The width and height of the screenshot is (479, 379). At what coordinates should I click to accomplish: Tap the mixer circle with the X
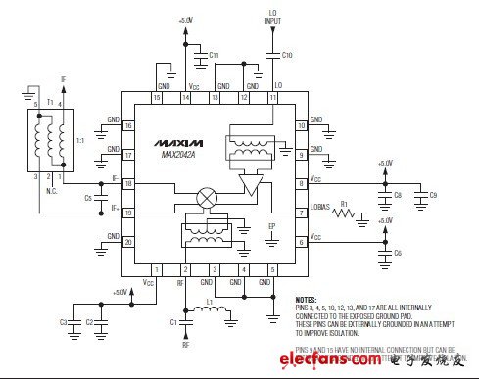point(207,197)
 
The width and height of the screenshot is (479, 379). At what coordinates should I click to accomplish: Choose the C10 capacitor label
point(286,55)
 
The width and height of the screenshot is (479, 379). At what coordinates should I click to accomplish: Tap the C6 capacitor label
point(398,253)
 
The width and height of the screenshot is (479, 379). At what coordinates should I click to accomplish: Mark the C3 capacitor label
point(62,321)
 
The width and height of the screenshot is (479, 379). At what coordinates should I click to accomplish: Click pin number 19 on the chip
point(127,212)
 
